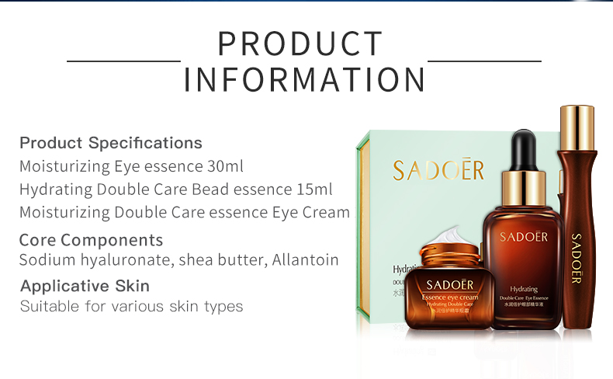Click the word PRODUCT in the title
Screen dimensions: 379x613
click(x=300, y=44)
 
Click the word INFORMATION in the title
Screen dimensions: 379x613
click(x=305, y=80)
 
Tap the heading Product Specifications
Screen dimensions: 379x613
click(x=110, y=143)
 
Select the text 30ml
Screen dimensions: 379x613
click(x=229, y=166)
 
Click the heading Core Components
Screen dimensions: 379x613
click(x=91, y=240)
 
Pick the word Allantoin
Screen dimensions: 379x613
click(x=305, y=260)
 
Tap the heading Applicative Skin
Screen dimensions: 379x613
click(x=85, y=286)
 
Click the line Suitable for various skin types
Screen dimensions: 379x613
click(x=131, y=307)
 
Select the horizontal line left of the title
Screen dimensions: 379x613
click(x=123, y=61)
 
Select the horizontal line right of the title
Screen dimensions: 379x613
click(x=484, y=61)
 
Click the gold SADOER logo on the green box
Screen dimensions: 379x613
click(x=438, y=170)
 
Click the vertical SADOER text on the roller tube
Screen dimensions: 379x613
click(x=576, y=256)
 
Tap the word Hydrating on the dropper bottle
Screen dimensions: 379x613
click(x=524, y=287)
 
